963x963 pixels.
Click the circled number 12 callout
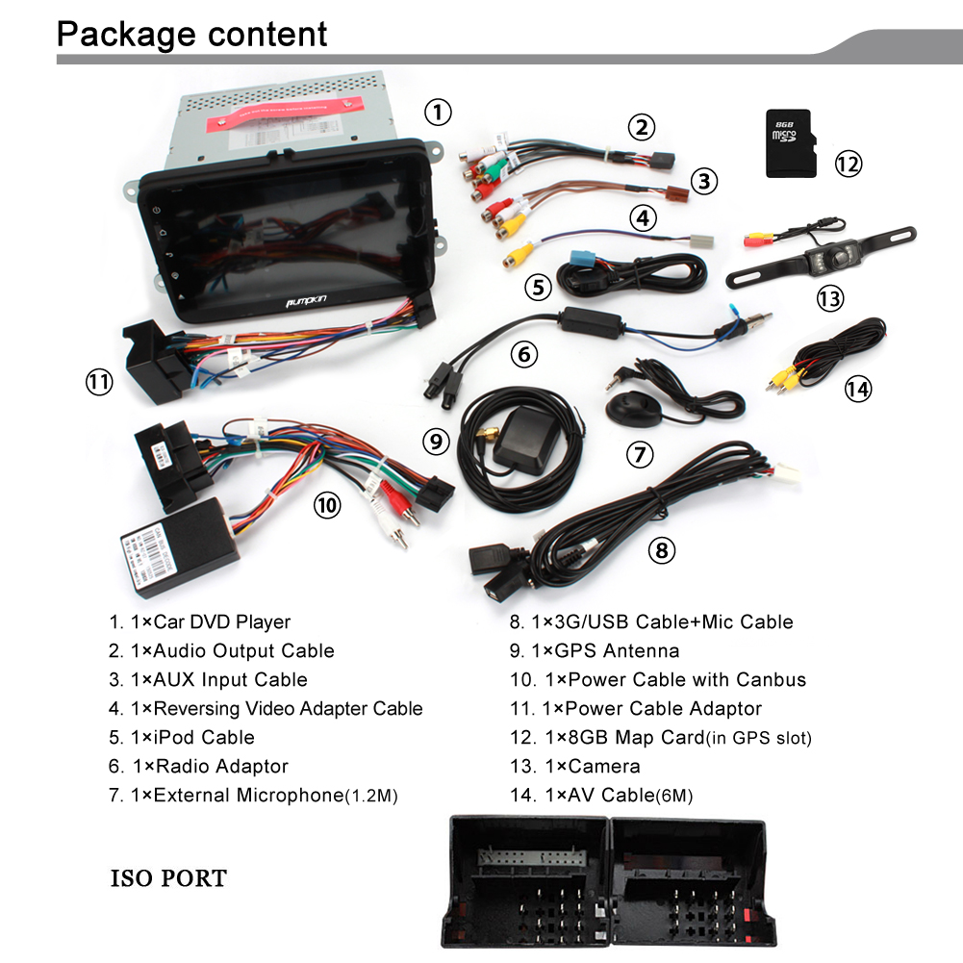pyautogui.click(x=848, y=164)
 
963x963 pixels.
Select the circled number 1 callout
pyautogui.click(x=438, y=113)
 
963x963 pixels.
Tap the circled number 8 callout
pyautogui.click(x=661, y=550)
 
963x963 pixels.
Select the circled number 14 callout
pyautogui.click(x=857, y=389)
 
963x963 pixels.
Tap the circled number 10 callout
pyautogui.click(x=327, y=504)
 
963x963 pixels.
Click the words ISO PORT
pyautogui.click(x=169, y=878)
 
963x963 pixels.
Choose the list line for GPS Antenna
pyautogui.click(x=595, y=651)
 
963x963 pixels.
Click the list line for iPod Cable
pyautogui.click(x=182, y=738)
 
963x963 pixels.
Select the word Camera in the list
pyautogui.click(x=604, y=767)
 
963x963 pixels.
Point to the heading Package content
pyautogui.click(x=192, y=35)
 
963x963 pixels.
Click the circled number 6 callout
pyautogui.click(x=523, y=354)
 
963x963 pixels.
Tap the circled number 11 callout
pyautogui.click(x=99, y=382)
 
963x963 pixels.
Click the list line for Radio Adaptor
pyautogui.click(x=198, y=767)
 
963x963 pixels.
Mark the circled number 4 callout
pyautogui.click(x=644, y=217)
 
